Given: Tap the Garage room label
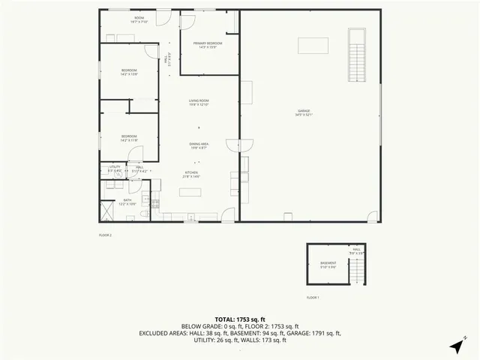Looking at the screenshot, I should tap(304, 112).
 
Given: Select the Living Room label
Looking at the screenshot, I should tap(199, 103).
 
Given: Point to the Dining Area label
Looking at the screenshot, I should tap(199, 145).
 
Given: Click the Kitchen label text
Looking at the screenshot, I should tap(191, 174).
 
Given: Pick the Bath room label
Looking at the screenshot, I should tap(127, 202).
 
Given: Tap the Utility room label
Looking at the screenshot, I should tap(115, 169).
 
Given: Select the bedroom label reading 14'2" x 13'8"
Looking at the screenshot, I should tap(129, 72).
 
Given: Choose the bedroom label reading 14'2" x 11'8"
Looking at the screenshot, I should tap(129, 138).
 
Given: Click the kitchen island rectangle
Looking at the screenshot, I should tap(190, 191).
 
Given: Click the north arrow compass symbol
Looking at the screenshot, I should tap(456, 346).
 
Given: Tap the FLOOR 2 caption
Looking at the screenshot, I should tap(105, 235).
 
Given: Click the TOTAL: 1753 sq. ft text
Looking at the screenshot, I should tap(239, 319).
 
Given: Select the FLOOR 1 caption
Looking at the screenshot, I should tap(313, 298).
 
